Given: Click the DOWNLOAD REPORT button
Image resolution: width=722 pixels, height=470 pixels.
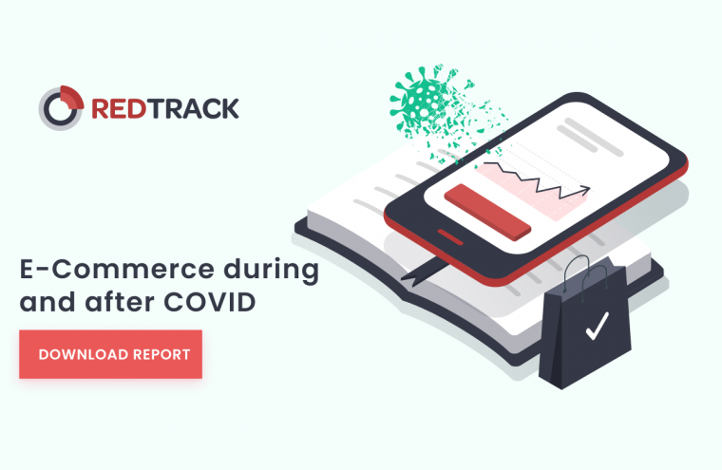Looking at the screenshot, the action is click(x=110, y=354).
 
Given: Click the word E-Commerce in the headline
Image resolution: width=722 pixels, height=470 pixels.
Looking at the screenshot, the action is click(x=117, y=270).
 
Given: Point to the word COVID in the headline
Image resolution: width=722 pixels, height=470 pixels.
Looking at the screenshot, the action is click(x=210, y=303).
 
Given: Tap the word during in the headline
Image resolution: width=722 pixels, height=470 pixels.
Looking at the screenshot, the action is click(x=271, y=271).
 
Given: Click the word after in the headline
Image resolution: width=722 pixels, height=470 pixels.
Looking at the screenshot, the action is click(x=120, y=302).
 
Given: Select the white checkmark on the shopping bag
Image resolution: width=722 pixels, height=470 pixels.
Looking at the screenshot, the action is click(x=598, y=327).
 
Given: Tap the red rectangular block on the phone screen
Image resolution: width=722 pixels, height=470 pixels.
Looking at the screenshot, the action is click(x=487, y=212).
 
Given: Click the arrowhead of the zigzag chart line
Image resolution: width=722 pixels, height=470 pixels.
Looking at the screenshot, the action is click(x=585, y=189).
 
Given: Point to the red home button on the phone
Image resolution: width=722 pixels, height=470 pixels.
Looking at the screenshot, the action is click(x=450, y=236).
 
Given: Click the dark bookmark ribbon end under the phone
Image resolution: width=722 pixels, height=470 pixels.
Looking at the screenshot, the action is click(x=417, y=273).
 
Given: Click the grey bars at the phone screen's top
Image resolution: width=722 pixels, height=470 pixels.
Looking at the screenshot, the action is click(x=590, y=137).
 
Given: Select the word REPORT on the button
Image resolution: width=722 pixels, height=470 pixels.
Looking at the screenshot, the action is click(x=161, y=354).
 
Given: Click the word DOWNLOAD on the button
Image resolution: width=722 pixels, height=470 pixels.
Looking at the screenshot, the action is click(x=84, y=354).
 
